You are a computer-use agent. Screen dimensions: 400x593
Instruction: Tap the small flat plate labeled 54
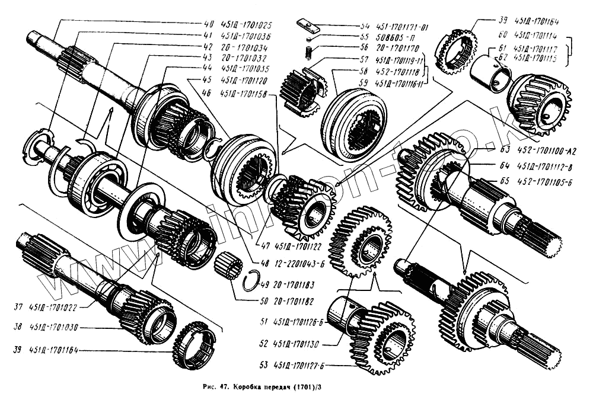pyautogui.click(x=306, y=25)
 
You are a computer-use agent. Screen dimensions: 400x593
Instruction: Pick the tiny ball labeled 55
pyautogui.click(x=308, y=40)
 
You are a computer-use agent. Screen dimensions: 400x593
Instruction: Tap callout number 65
pyautogui.click(x=504, y=183)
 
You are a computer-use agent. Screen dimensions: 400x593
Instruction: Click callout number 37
pyautogui.click(x=18, y=307)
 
